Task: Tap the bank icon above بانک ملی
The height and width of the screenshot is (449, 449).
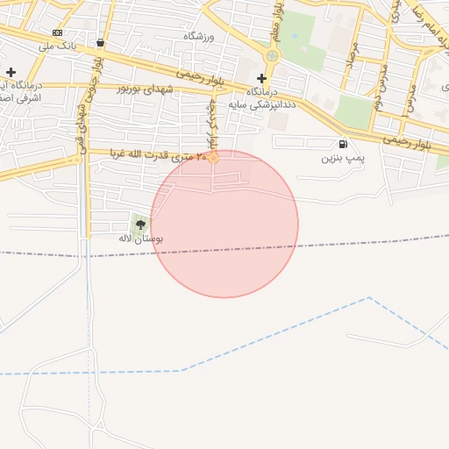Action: click(x=58, y=32)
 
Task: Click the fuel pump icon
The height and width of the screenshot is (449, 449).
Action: click(x=342, y=145)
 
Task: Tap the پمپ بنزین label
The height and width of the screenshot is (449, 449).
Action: click(x=342, y=158)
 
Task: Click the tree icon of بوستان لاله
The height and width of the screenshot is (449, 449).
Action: click(x=140, y=224)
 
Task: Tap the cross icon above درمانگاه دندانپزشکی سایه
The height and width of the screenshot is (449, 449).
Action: click(x=261, y=78)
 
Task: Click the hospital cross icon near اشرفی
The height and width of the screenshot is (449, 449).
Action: click(x=11, y=72)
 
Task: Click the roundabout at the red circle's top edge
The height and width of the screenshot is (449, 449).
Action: click(x=213, y=158)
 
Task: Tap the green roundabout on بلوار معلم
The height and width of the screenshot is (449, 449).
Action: click(x=272, y=56)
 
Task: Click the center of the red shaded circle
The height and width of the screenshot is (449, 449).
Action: click(x=224, y=224)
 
